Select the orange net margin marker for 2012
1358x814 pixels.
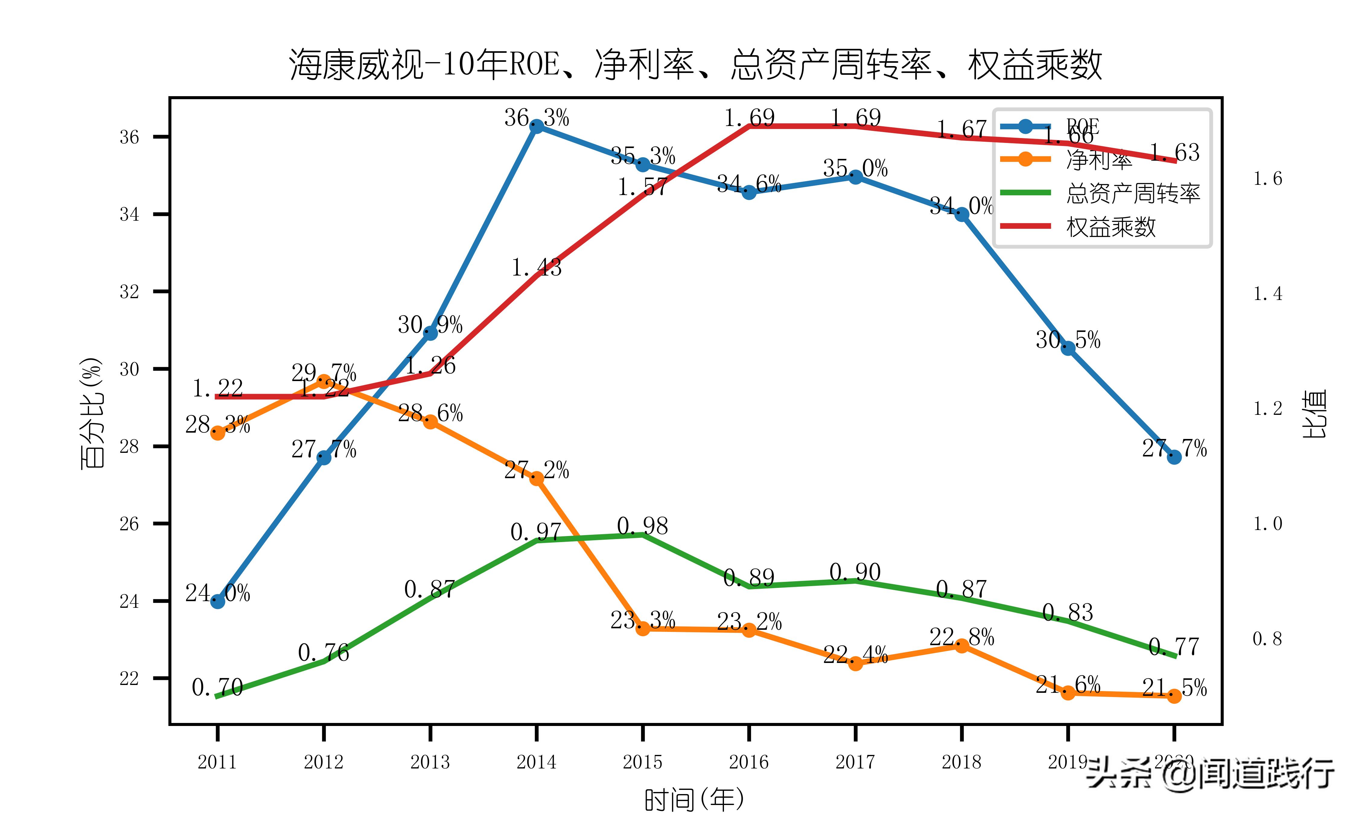(324, 381)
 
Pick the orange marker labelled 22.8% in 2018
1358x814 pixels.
(962, 645)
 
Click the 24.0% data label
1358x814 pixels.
(217, 593)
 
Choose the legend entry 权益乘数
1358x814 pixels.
(1111, 226)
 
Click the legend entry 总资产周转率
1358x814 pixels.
(1133, 193)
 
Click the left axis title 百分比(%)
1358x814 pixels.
(92, 413)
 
